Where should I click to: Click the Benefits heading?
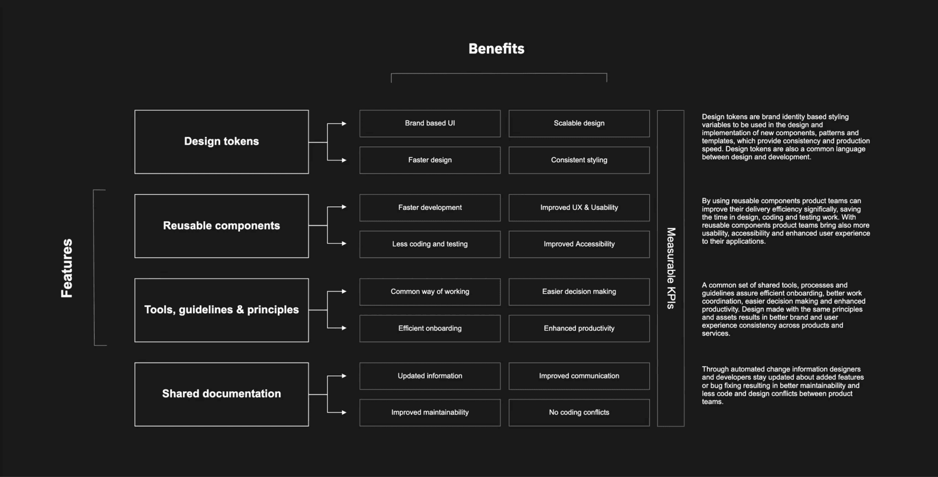496,49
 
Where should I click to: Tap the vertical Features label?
67,268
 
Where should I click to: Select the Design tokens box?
221,142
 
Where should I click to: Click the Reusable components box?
221,226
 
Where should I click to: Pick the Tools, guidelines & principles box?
221,310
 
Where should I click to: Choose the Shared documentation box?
221,394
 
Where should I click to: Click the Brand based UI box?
430,123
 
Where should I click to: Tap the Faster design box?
430,160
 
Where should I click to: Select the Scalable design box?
579,123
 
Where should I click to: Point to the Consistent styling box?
579,160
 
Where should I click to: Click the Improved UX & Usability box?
579,208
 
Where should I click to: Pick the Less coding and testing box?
430,244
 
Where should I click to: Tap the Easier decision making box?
579,291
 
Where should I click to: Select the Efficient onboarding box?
430,328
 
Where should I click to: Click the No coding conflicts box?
579,412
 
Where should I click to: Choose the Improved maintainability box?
430,412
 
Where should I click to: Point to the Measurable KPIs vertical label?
671,268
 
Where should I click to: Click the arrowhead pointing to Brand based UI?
344,124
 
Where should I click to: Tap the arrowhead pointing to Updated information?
344,376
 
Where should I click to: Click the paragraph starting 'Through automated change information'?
783,385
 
